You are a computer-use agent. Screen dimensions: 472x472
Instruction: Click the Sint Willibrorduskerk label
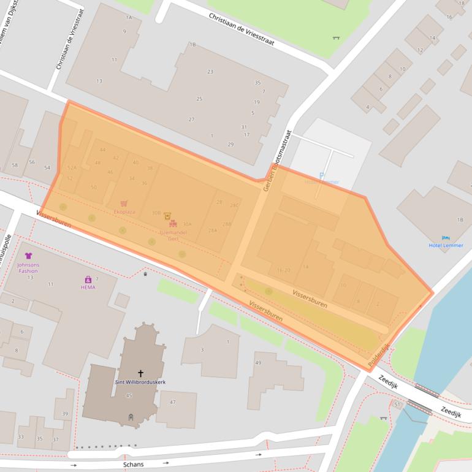click(140, 382)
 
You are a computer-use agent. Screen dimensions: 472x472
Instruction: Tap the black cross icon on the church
click(140, 373)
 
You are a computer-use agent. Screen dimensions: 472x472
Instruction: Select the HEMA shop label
click(88, 287)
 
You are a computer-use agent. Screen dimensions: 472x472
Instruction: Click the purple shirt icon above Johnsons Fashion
click(28, 256)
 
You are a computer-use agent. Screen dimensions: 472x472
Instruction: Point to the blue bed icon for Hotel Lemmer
click(445, 238)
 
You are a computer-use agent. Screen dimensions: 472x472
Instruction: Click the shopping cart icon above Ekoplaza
click(124, 203)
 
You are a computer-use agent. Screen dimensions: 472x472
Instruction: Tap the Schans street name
click(133, 464)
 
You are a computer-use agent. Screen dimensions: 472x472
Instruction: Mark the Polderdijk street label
click(379, 356)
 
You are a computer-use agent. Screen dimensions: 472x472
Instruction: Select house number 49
click(258, 363)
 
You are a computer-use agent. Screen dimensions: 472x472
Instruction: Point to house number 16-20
click(283, 270)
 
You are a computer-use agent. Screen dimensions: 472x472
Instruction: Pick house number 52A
click(72, 167)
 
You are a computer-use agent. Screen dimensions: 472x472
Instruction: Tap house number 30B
click(156, 213)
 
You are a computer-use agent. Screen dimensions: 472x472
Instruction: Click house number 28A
click(213, 230)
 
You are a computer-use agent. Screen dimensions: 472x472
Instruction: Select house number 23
click(210, 72)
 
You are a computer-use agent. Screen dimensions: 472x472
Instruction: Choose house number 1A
click(129, 18)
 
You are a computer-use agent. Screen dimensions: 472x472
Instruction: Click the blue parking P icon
click(322, 175)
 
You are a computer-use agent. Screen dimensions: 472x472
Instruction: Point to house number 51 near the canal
click(397, 405)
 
